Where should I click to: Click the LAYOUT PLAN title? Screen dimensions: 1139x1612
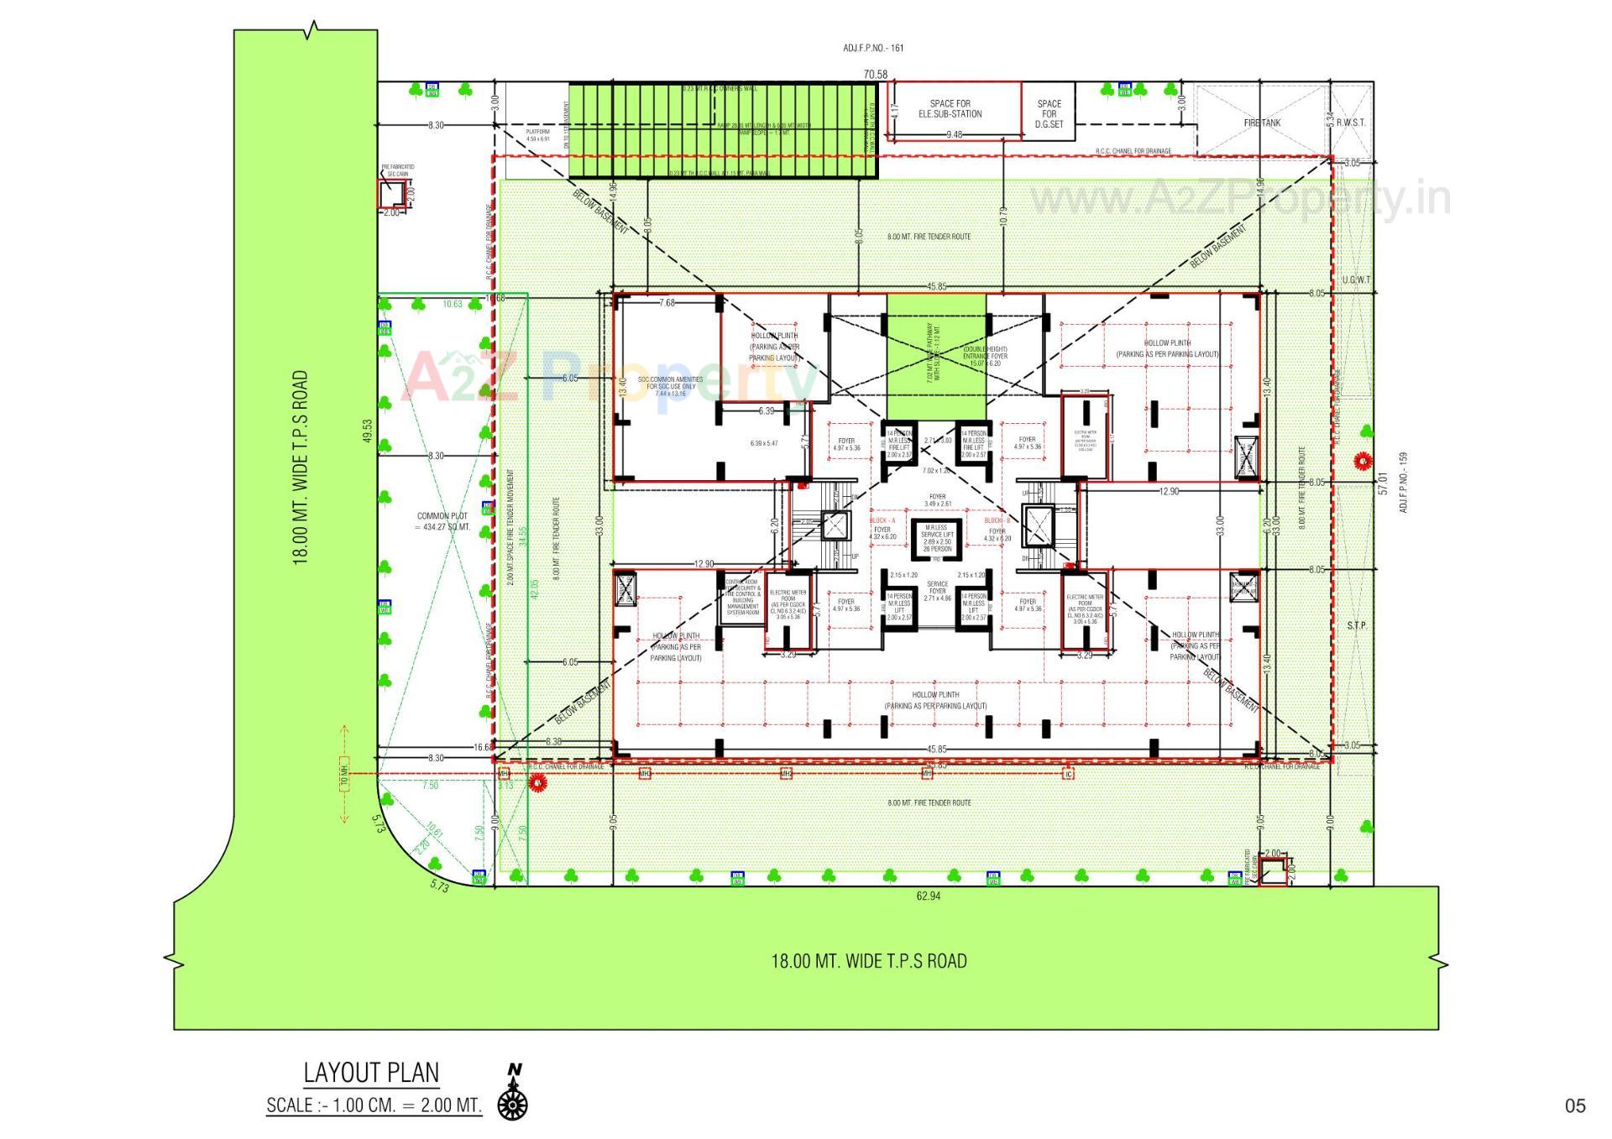371,1073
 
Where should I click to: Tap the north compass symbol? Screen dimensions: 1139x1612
512,1095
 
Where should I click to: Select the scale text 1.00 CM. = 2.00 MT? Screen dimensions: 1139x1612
374,1105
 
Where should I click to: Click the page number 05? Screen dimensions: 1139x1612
1575,1106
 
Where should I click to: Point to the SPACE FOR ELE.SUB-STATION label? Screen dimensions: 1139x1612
950,109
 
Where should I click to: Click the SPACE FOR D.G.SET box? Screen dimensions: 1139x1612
1049,114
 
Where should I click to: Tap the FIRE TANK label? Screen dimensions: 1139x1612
1262,123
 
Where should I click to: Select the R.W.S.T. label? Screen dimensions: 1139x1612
1351,123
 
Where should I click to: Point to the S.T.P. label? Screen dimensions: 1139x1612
1357,626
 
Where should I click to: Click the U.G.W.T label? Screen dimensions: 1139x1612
1356,280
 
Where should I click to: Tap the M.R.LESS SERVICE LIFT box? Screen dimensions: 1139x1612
937,539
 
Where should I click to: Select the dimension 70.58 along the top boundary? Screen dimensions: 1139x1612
875,75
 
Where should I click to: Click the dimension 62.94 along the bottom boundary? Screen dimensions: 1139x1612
929,896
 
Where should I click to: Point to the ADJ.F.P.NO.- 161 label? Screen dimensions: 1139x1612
873,48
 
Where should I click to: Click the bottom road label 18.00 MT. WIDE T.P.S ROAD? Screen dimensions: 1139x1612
869,961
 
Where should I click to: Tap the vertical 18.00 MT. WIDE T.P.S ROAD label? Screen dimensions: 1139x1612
301,468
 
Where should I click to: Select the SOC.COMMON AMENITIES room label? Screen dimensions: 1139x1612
670,384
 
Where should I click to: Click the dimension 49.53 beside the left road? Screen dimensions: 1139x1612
368,431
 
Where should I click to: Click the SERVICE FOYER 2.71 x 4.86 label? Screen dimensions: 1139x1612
937,590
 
